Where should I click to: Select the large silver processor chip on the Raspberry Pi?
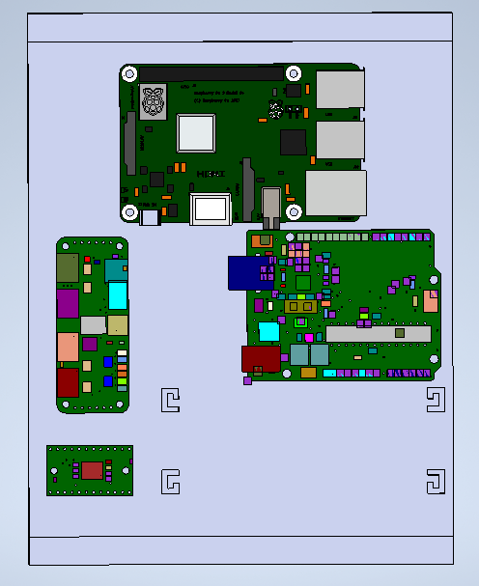[195, 132]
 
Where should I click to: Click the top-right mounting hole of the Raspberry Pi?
[293, 72]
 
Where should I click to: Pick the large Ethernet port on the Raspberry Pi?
[336, 192]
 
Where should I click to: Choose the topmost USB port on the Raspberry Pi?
[340, 91]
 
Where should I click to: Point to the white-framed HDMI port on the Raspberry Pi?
[211, 208]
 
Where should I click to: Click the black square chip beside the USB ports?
[293, 142]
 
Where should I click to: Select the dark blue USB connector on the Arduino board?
[245, 272]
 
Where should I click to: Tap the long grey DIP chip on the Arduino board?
[377, 333]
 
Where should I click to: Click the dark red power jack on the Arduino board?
[260, 359]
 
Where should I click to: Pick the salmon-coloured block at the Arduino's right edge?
[431, 300]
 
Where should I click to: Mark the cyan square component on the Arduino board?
[268, 331]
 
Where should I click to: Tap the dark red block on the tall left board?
[68, 382]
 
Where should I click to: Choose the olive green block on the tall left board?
[68, 267]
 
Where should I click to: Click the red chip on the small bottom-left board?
[92, 470]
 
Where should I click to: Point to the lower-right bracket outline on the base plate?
[435, 482]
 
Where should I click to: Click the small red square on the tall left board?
[88, 260]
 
